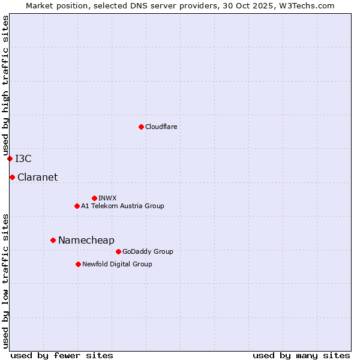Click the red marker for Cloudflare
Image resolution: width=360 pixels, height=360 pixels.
click(x=141, y=127)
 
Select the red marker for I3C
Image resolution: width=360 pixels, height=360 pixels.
click(x=10, y=158)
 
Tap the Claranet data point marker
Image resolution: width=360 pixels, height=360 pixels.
click(x=12, y=177)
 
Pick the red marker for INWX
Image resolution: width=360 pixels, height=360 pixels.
click(x=94, y=198)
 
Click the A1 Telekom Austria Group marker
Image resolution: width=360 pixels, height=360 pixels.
click(x=77, y=206)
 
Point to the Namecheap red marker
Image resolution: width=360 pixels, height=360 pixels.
click(x=53, y=240)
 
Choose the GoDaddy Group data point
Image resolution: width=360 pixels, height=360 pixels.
click(x=118, y=251)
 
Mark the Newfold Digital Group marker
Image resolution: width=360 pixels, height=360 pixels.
click(x=78, y=264)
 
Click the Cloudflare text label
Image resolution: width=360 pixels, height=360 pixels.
click(x=161, y=127)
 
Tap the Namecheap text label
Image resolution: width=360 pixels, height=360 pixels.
click(x=86, y=240)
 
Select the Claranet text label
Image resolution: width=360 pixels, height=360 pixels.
click(x=37, y=177)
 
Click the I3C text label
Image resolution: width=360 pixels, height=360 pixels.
click(x=23, y=158)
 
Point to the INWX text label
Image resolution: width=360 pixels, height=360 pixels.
click(x=107, y=198)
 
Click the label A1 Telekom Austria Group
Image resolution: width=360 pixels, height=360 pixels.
click(x=122, y=206)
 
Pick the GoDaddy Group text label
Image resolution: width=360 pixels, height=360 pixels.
click(x=148, y=251)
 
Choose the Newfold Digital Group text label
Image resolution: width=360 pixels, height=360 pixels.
click(x=117, y=264)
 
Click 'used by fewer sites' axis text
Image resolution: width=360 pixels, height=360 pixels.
click(x=62, y=355)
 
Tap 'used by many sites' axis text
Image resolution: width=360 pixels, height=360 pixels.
click(x=301, y=355)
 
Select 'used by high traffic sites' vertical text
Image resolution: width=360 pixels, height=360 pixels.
click(x=5, y=85)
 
